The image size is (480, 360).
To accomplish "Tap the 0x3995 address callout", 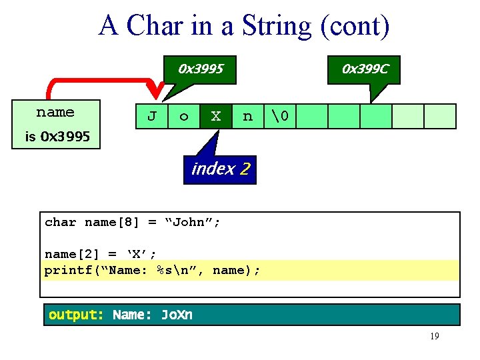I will click(200, 69).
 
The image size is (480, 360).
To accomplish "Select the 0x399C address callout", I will click(365, 69).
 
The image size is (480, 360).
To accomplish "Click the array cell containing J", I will click(152, 117).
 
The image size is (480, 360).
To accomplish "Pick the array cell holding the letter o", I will click(184, 117).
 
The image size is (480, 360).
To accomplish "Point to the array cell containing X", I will click(216, 117).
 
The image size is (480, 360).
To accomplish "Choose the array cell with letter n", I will click(248, 117).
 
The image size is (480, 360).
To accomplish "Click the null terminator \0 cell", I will click(280, 117).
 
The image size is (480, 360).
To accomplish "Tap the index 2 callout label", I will click(220, 169).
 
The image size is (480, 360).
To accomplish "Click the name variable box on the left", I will click(55, 113).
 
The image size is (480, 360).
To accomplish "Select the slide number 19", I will click(434, 337).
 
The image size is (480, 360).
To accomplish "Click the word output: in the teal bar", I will click(76, 315).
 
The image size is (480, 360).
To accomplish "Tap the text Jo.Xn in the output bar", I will click(177, 315).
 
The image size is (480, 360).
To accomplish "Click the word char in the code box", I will click(60, 222).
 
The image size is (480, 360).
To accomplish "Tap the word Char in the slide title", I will click(153, 26).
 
